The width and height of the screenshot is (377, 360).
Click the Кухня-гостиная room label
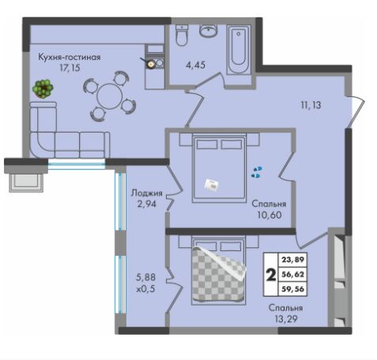70,57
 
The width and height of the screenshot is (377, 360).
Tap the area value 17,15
70,68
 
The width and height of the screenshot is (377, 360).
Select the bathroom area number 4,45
195,65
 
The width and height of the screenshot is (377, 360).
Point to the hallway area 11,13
311,105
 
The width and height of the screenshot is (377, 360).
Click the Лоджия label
147,193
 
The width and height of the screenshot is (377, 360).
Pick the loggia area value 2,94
147,204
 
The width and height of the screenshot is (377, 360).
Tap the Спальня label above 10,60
269,204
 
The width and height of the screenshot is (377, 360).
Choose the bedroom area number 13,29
286,319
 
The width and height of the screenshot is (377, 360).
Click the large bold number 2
271,275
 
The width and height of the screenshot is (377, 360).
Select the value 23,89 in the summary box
293,260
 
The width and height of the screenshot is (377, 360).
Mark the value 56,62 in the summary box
293,275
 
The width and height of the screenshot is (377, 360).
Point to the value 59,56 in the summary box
293,289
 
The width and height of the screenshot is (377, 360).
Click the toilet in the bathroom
182,36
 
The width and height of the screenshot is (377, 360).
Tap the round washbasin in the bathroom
209,31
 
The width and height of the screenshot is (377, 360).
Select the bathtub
239,50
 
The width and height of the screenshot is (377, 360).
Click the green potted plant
43,88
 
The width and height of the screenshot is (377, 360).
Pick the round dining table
110,96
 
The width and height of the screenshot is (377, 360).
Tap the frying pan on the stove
149,63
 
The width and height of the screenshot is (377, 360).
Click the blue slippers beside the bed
257,172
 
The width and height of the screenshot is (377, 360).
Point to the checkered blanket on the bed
219,274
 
